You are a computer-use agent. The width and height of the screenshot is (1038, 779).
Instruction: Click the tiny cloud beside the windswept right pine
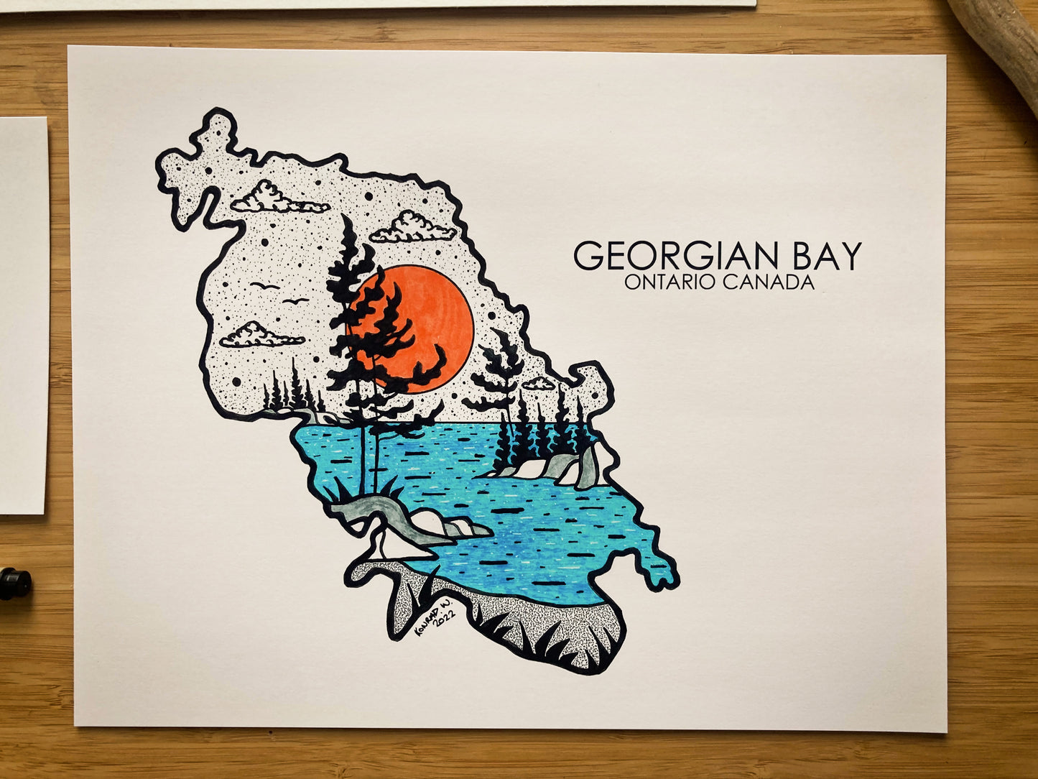pos(539,384)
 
